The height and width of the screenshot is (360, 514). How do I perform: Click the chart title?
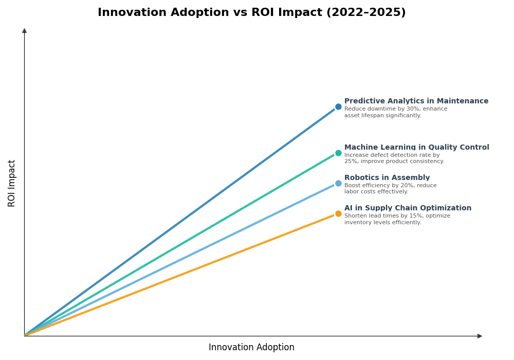(251, 13)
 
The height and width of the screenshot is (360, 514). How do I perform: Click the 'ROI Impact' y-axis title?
(12, 183)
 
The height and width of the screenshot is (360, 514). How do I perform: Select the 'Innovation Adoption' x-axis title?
(251, 348)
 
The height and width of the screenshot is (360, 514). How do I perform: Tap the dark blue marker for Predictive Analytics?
(338, 107)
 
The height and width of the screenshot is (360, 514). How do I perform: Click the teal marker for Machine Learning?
(338, 153)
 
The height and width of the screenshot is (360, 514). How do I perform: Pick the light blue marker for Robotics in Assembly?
(338, 184)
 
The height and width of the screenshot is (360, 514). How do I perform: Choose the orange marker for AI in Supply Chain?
(338, 214)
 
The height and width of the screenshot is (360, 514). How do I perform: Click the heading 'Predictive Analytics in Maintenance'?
(416, 101)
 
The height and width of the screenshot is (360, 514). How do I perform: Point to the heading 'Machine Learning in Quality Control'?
(416, 148)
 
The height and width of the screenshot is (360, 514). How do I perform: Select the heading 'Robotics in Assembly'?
(387, 178)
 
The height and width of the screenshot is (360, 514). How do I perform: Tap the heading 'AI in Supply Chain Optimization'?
(408, 208)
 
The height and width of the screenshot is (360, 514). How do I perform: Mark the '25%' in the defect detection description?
(351, 161)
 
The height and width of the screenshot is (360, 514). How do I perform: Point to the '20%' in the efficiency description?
(398, 186)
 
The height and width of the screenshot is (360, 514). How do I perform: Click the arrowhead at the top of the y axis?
(24, 31)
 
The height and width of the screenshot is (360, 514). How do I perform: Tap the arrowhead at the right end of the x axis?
(480, 336)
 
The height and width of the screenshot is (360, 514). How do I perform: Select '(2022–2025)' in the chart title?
(366, 13)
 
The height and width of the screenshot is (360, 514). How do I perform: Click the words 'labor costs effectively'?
(376, 192)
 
